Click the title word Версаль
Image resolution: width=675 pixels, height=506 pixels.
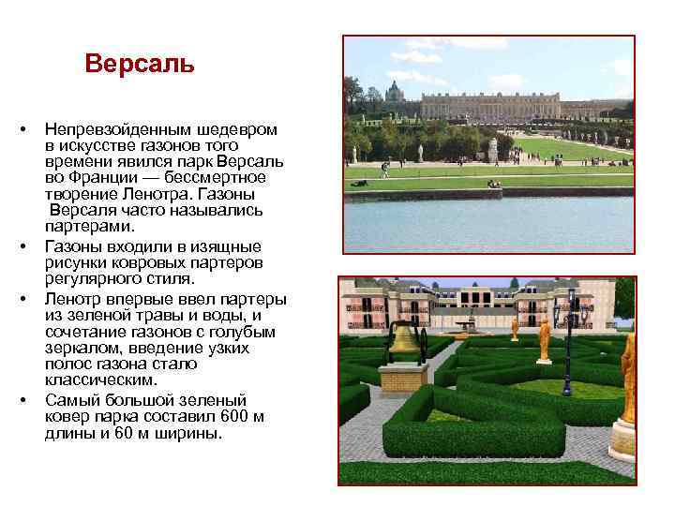(x=139, y=64)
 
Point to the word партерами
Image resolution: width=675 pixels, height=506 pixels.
(x=90, y=226)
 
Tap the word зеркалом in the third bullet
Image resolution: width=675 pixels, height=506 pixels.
(x=82, y=348)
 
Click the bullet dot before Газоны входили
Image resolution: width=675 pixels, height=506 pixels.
(x=31, y=246)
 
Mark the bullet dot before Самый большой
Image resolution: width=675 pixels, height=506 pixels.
(x=31, y=399)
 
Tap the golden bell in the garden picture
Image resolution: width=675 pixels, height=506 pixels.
(x=404, y=339)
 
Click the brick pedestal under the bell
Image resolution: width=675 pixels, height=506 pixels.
(x=403, y=378)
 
